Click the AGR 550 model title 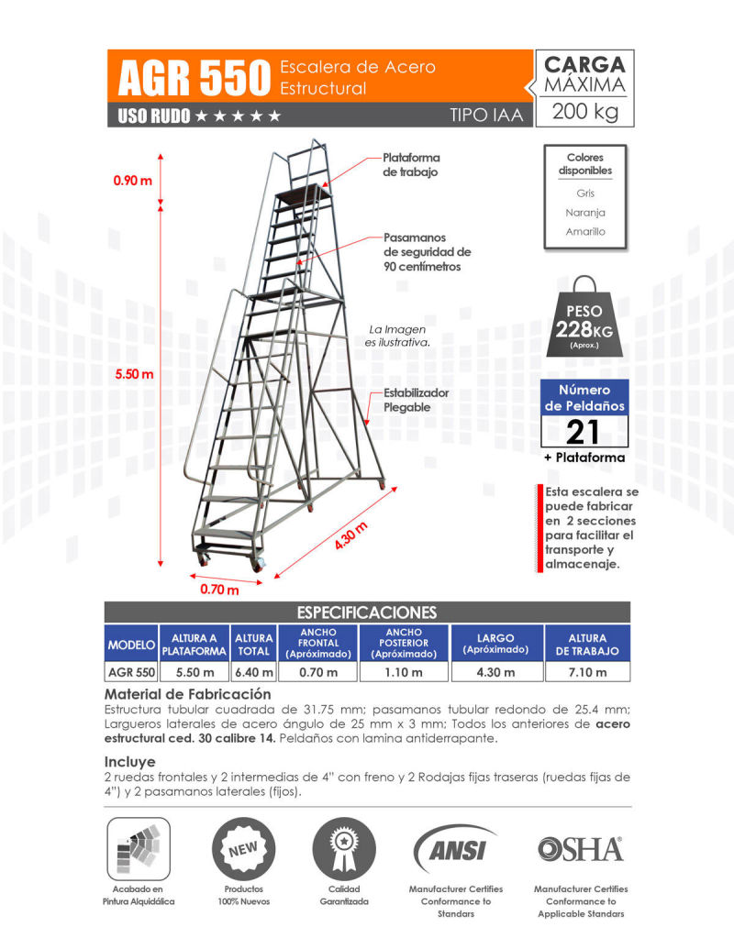[x=194, y=79]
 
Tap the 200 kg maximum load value [x=585, y=114]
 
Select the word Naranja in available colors [x=585, y=213]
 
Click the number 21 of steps [x=584, y=431]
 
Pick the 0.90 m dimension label [x=132, y=181]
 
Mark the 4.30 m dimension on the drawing [x=350, y=535]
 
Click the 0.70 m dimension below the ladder [x=219, y=590]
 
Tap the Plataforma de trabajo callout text [x=410, y=165]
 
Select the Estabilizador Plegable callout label [x=406, y=400]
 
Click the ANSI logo [x=455, y=849]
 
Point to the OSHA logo [x=580, y=849]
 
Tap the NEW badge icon [x=243, y=848]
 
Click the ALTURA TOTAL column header [x=254, y=645]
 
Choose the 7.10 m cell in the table [x=587, y=673]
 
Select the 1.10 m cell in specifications [x=404, y=673]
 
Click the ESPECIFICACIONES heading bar [x=367, y=612]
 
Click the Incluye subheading [x=129, y=761]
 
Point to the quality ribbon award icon [x=344, y=848]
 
